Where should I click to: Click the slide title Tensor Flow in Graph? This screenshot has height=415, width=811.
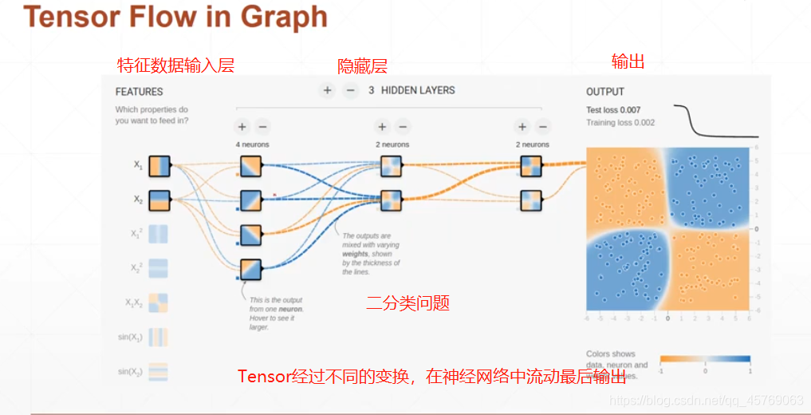[x=175, y=18]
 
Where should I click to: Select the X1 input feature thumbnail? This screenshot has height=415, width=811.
[x=159, y=165]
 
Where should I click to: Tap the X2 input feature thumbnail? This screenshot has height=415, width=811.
[x=159, y=200]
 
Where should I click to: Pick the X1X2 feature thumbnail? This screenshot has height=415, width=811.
[x=159, y=302]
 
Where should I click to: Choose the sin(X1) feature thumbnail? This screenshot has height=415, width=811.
[x=159, y=337]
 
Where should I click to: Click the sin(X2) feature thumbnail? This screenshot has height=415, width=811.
[x=159, y=371]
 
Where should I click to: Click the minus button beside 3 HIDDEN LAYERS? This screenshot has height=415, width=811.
[x=350, y=90]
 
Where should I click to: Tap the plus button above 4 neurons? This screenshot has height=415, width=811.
[x=242, y=126]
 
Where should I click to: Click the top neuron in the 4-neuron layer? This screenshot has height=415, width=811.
[x=251, y=166]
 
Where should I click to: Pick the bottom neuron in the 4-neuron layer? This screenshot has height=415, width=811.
[x=251, y=270]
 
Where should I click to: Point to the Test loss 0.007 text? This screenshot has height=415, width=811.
[x=613, y=110]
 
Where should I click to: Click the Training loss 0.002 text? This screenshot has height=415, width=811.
[x=620, y=123]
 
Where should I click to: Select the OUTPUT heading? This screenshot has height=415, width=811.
[x=605, y=92]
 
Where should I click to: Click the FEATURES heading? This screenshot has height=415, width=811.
[x=139, y=92]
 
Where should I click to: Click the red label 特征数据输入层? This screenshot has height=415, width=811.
[x=175, y=65]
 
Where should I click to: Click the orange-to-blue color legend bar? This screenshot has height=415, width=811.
[x=705, y=359]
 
